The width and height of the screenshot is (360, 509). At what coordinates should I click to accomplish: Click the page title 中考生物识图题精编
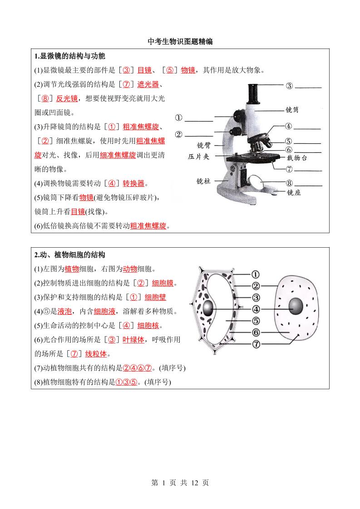tap(180, 42)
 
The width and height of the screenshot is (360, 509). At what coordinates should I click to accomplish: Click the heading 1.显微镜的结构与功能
tap(70, 56)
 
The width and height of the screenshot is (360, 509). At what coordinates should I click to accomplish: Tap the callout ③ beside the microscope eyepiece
tap(290, 86)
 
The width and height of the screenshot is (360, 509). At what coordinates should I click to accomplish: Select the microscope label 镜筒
tap(292, 110)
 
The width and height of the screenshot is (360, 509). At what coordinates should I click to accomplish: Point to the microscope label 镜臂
tap(204, 145)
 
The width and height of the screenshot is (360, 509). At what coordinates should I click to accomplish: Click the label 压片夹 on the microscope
tap(198, 157)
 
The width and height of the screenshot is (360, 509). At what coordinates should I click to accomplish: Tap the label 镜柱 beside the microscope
tap(203, 181)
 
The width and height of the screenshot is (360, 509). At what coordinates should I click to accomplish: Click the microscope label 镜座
tap(294, 192)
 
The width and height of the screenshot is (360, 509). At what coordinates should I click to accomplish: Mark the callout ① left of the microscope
tap(179, 118)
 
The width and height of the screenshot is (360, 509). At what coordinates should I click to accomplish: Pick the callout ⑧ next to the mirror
tap(289, 184)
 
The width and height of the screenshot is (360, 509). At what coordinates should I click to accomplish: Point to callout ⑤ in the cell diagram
tap(256, 321)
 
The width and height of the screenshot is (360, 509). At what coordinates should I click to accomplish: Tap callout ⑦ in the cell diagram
tap(256, 344)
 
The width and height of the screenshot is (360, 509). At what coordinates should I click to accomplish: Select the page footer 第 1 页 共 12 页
tap(180, 483)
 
